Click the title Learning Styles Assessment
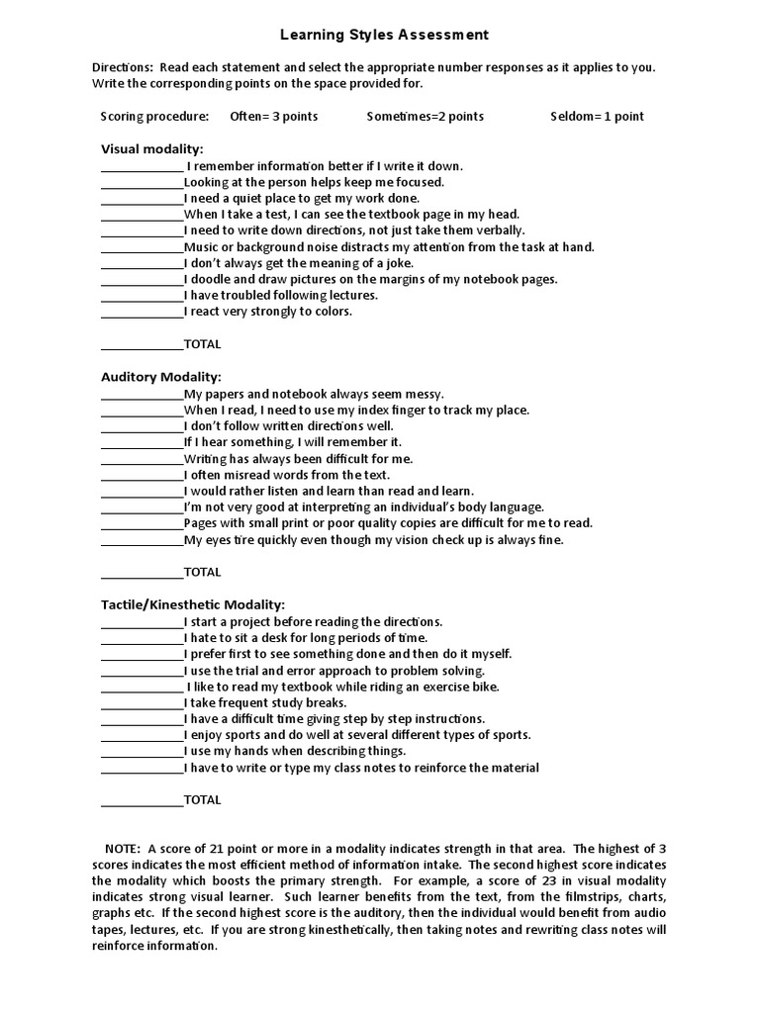[x=384, y=35]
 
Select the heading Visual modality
[x=151, y=148]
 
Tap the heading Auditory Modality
[x=161, y=377]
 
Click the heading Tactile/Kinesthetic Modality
[x=193, y=603]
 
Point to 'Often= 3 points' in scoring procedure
[x=274, y=116]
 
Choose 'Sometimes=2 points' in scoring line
[x=425, y=116]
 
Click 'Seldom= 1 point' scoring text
[x=597, y=116]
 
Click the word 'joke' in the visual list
[x=398, y=263]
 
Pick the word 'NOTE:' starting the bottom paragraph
[x=124, y=848]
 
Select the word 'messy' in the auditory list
[x=425, y=394]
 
